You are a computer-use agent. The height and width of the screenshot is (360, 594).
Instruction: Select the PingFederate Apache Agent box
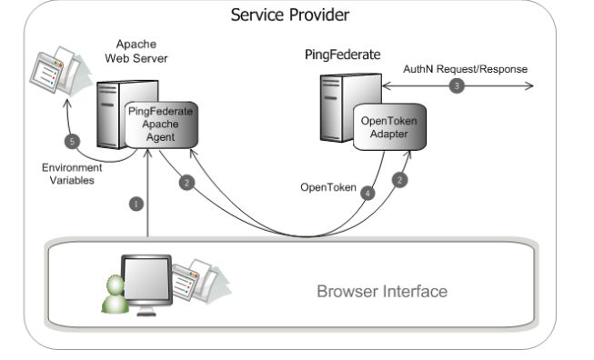161,125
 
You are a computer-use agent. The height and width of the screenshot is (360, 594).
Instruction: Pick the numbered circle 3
456,87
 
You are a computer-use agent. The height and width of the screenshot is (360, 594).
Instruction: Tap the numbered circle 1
136,205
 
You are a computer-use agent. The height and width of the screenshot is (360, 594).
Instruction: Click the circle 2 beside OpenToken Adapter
400,180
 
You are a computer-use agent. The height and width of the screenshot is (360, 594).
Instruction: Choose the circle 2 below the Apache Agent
186,183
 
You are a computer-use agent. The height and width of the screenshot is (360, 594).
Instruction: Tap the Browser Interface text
381,292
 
